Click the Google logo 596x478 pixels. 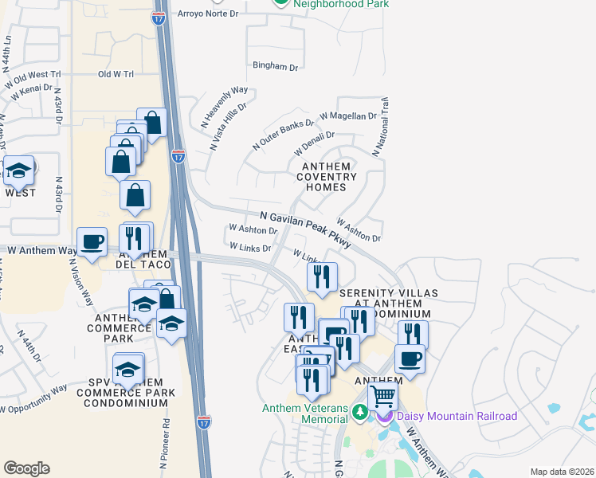click(26, 468)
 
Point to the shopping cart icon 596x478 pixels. click(383, 395)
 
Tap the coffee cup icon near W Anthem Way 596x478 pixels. click(92, 242)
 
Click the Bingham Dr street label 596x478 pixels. click(275, 67)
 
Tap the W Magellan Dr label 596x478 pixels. click(347, 116)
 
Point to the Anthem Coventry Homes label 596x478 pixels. click(327, 176)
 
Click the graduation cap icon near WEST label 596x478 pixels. click(18, 170)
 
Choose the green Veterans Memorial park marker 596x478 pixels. click(360, 412)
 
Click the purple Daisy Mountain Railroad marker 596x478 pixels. click(386, 415)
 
